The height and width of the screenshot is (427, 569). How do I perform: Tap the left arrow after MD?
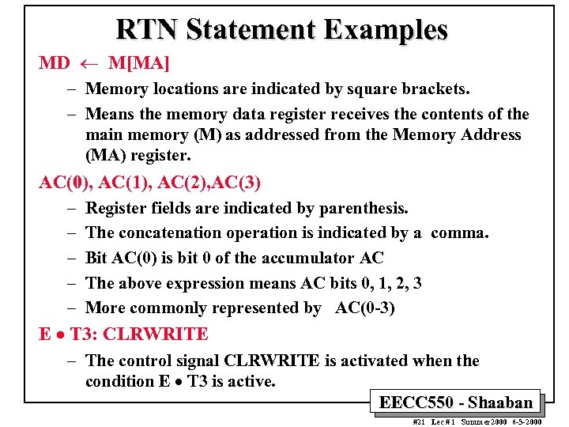[x=89, y=62]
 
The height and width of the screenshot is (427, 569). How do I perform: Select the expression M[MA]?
[x=139, y=62]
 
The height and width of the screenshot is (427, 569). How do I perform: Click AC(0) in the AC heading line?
[x=62, y=183]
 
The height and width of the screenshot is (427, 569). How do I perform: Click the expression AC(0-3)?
[x=365, y=308]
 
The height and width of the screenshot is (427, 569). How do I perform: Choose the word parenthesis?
[x=364, y=208]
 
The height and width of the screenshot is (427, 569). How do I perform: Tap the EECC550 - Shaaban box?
[x=456, y=402]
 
